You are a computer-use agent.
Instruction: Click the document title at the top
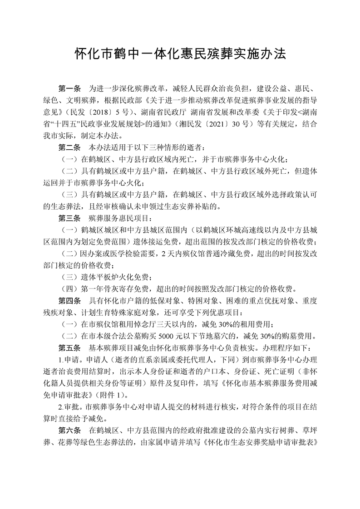coord(180,55)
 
